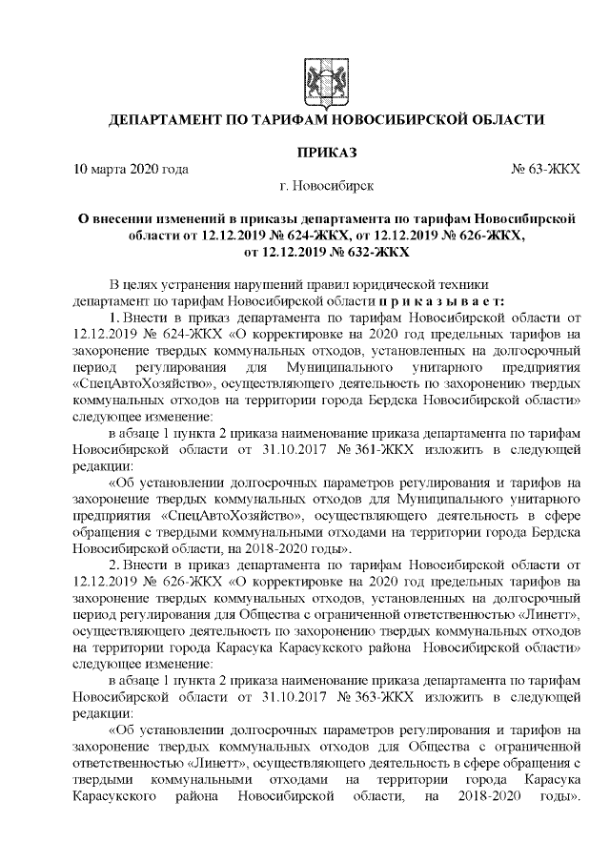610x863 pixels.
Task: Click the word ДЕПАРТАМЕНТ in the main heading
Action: click(166, 120)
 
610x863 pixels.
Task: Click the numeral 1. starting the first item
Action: click(113, 317)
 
